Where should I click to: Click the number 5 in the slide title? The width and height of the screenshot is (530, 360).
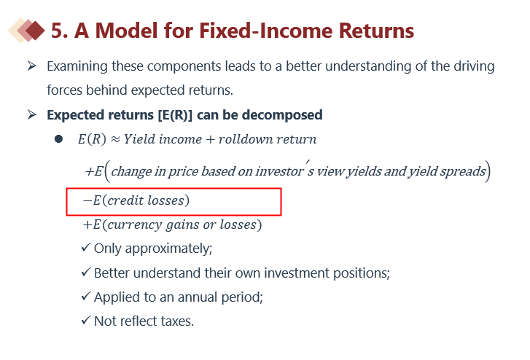[57, 31]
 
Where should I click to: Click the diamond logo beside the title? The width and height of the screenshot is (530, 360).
[26, 31]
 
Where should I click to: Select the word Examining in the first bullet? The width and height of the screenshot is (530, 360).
[77, 66]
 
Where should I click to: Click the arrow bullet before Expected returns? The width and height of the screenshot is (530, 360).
[32, 114]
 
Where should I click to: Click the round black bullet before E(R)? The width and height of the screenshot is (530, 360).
[58, 139]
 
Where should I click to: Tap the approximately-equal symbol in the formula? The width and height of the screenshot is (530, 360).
[115, 139]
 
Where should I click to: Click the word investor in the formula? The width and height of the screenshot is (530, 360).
[279, 171]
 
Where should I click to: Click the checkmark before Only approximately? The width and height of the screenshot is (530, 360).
[86, 248]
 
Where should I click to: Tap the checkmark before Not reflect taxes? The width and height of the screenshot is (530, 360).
[86, 320]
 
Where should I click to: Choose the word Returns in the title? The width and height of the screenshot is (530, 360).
[376, 31]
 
